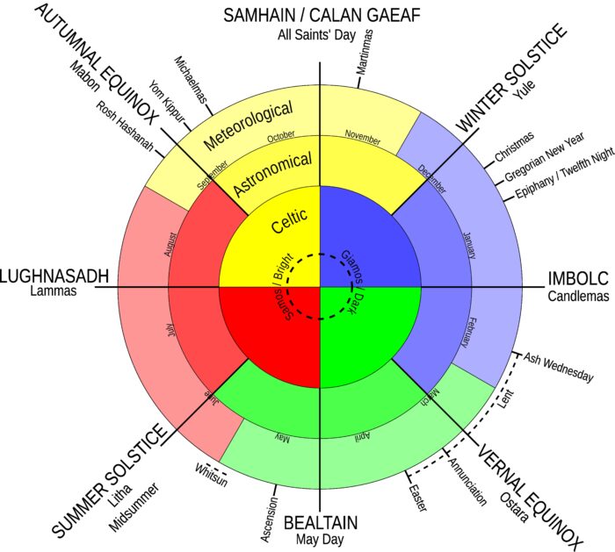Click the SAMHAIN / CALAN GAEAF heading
point(322,15)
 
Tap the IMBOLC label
point(578,279)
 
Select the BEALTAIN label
point(320,523)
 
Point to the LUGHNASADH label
point(54,276)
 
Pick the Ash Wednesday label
point(558,367)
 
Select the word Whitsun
point(212,468)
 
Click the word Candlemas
point(578,297)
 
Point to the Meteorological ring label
point(247,125)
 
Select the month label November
point(363,136)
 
